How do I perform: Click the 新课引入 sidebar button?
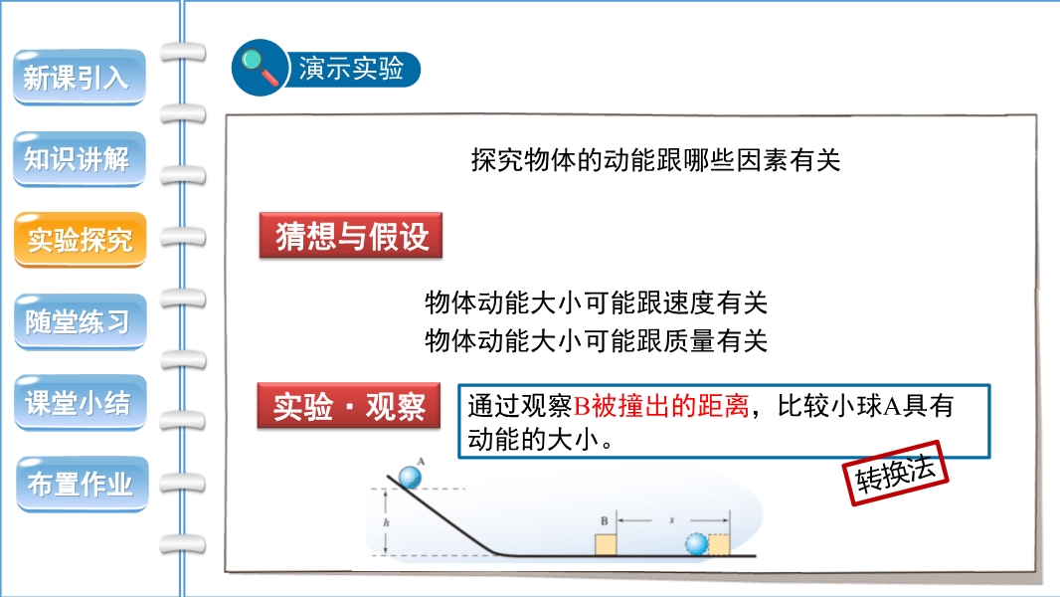80,77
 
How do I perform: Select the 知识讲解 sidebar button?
80,159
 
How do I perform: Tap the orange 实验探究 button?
80,240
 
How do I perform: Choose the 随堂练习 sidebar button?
80,321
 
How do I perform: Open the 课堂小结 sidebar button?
80,403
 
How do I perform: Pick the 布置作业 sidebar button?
82,485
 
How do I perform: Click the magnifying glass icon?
261,68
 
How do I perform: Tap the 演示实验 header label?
352,69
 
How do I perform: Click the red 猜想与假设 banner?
351,235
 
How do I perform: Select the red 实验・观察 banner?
349,406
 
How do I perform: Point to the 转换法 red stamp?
896,473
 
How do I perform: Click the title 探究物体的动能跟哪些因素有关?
655,160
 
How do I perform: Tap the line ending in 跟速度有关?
597,302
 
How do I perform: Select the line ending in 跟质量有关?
597,340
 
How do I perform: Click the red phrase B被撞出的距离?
661,406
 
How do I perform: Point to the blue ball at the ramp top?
410,478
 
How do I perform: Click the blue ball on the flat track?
696,544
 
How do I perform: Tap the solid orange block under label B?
606,544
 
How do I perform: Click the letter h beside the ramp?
386,522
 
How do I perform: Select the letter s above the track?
672,520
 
